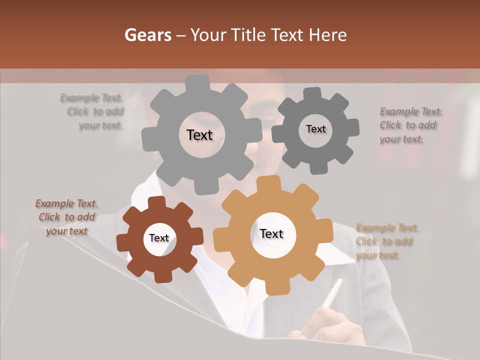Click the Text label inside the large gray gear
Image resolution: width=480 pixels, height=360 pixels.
pos(199,135)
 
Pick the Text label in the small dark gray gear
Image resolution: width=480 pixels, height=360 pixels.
pos(315,129)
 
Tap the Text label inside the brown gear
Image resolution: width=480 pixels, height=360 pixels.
pos(159,238)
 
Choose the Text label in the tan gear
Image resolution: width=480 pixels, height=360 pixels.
pos(271,233)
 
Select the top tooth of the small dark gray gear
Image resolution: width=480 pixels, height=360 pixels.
pos(312,93)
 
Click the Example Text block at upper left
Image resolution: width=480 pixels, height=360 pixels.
pos(92,111)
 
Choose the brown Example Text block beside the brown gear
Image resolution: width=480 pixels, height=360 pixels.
pos(66,217)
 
